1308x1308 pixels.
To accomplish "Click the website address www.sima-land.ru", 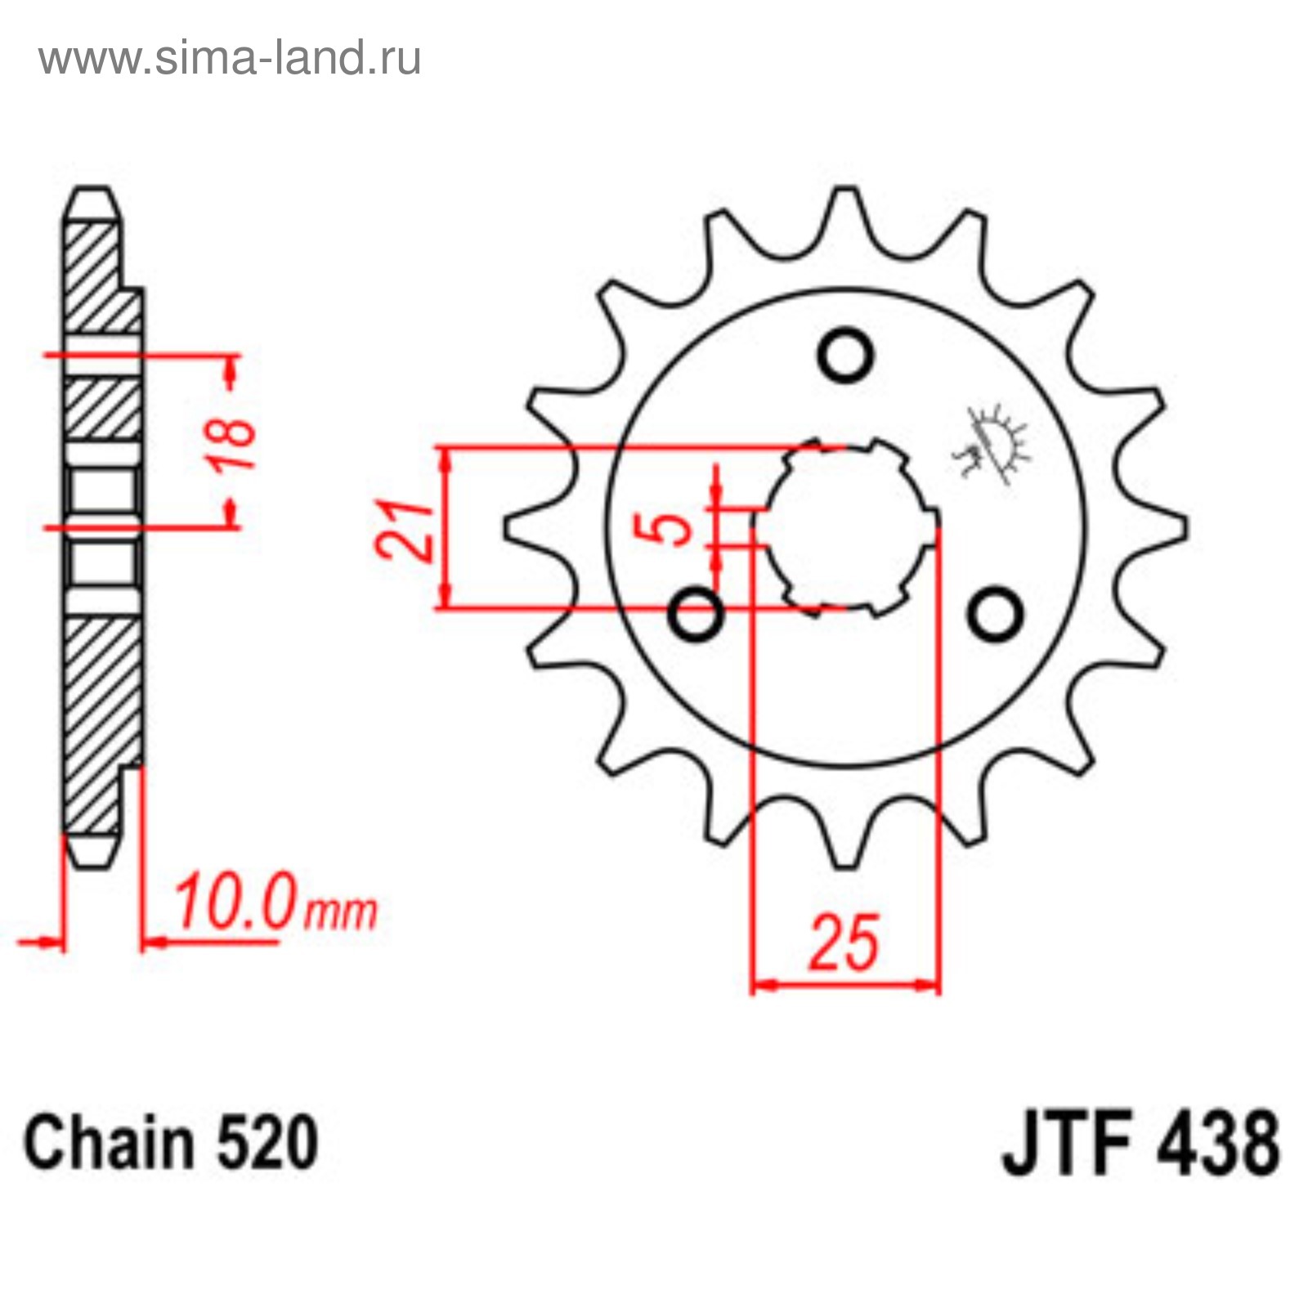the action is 230,59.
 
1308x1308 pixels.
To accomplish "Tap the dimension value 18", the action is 232,445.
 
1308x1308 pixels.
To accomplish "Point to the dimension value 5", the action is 672,528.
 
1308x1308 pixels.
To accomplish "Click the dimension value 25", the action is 845,943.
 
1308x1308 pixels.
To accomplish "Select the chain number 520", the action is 266,1142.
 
